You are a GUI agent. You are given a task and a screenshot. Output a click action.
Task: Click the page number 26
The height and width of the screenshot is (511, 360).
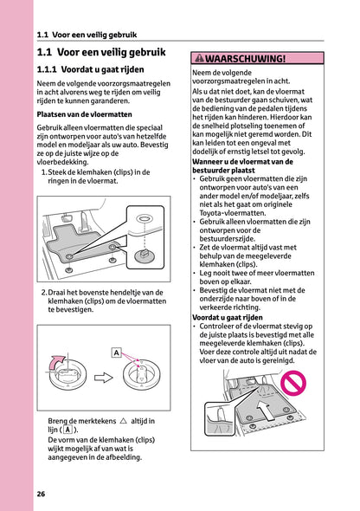click(42, 494)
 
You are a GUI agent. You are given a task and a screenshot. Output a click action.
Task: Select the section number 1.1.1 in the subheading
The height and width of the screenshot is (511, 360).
click(54, 68)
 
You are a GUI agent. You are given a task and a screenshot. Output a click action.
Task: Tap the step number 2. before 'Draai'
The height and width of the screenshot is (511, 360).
click(44, 292)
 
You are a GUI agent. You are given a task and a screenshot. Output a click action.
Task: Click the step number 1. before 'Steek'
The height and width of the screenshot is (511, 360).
click(44, 171)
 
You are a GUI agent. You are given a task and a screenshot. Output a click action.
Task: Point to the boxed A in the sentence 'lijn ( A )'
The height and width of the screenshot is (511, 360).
click(67, 430)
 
